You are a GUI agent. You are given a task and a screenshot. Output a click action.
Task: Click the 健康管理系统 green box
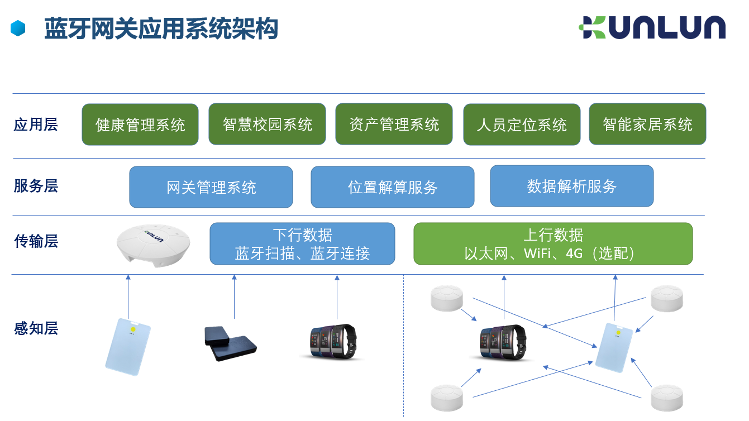[x=140, y=125]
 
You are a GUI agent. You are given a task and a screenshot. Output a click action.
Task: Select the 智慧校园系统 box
[x=267, y=124]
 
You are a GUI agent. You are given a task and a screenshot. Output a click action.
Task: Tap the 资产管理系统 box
[x=394, y=124]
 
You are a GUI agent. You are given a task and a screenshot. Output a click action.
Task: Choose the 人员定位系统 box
[x=522, y=125]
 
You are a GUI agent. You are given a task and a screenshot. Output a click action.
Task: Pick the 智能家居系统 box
[x=647, y=124]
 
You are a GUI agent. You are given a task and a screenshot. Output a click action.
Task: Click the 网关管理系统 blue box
[x=211, y=187]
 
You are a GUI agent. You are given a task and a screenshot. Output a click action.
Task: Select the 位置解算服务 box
[x=393, y=187]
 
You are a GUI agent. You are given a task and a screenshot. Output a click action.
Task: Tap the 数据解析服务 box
[x=572, y=186]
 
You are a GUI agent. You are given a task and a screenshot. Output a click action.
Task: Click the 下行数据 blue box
[x=302, y=244]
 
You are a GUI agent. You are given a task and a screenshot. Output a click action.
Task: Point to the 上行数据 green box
[x=553, y=244]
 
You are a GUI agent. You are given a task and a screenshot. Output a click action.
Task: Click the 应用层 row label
[x=36, y=125]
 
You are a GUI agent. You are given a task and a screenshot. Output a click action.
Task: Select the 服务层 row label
[x=36, y=186]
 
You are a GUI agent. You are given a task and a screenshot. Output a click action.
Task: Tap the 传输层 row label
[x=36, y=241]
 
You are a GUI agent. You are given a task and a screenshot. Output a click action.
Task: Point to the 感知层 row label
[x=36, y=328]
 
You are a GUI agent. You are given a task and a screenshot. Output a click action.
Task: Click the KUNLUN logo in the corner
[x=652, y=27]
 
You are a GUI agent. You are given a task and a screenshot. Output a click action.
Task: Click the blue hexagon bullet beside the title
[x=18, y=28]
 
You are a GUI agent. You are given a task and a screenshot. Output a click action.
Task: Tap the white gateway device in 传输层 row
[x=153, y=246]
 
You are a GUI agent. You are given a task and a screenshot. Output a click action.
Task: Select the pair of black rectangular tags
[x=230, y=344]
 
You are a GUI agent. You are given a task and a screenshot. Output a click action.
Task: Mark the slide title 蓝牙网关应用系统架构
[x=161, y=28]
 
